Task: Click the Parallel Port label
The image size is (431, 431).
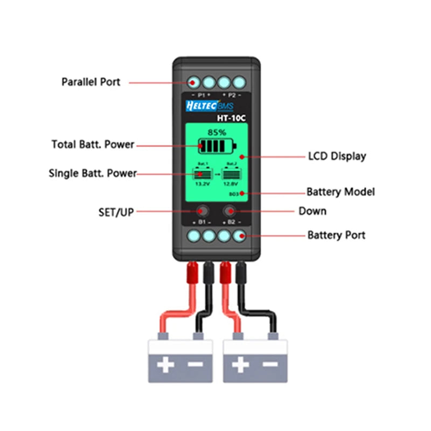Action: point(91,82)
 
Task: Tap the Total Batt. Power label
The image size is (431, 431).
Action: point(93,144)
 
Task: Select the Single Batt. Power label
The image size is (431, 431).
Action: point(92,173)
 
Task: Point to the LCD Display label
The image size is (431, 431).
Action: point(337,156)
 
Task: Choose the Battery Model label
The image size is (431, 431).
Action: point(340,192)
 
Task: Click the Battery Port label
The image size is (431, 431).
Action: point(336,235)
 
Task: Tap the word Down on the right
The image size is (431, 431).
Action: point(312,211)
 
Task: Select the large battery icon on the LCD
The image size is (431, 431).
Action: point(217,147)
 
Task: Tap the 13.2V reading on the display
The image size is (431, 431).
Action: point(201,183)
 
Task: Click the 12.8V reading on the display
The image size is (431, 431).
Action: point(232,183)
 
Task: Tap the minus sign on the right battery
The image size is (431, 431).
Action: point(268,366)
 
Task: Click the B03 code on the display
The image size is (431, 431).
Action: point(234,193)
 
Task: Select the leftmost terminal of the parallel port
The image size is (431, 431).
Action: point(194,82)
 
